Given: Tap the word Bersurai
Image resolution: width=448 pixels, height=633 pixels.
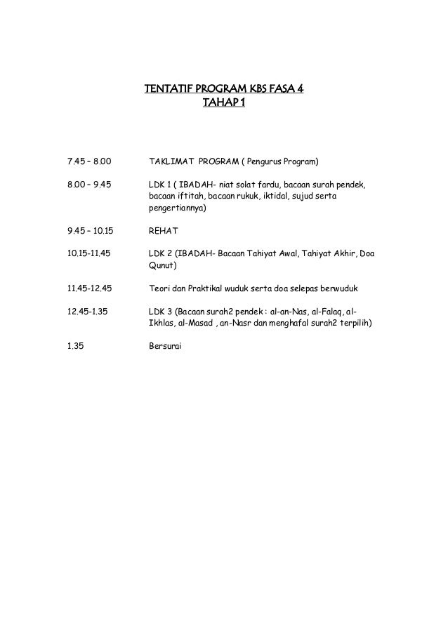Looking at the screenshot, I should pyautogui.click(x=166, y=345).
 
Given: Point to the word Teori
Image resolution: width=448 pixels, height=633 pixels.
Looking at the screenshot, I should pyautogui.click(x=160, y=287).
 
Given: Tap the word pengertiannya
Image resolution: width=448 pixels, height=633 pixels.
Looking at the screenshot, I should pyautogui.click(x=178, y=208).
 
